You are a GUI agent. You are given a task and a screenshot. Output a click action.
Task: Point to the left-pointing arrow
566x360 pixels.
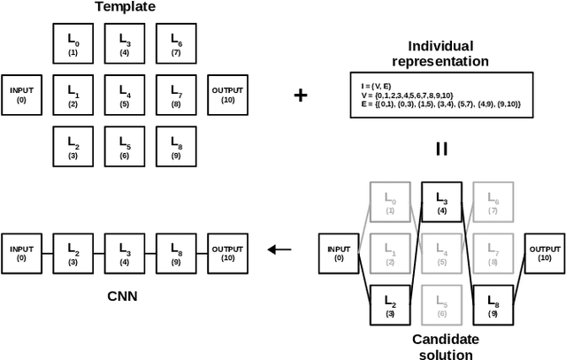pyautogui.click(x=279, y=249)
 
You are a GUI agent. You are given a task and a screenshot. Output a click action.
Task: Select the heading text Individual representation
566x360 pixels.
pyautogui.click(x=440, y=53)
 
